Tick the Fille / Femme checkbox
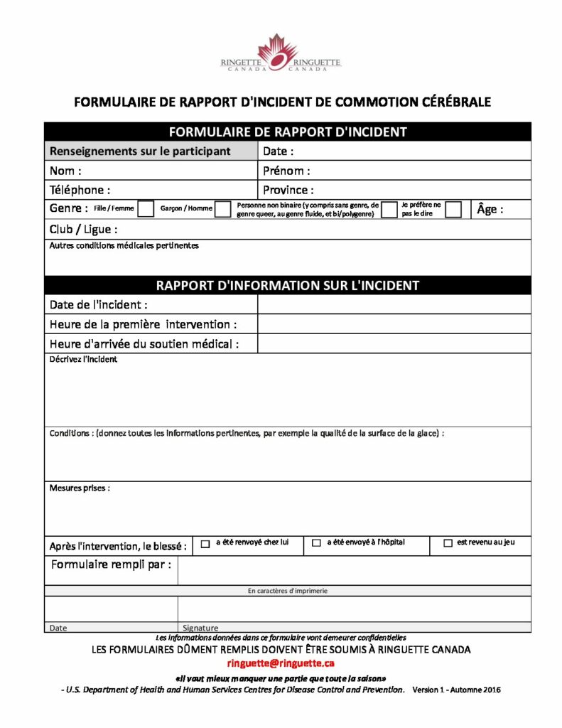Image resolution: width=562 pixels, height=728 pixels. tap(146, 208)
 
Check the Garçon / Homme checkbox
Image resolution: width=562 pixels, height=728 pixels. tap(223, 208)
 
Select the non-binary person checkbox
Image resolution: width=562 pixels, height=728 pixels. tap(389, 209)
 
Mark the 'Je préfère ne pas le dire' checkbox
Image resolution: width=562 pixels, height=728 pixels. tap(453, 209)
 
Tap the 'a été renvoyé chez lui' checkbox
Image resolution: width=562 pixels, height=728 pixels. tap(205, 544)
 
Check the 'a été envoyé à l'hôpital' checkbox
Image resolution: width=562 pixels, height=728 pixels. tap(317, 544)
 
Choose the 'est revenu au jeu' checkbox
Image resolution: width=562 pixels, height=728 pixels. tap(448, 544)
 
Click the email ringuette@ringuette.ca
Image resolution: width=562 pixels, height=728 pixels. tap(281, 663)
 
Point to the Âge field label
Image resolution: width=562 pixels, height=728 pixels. tap(490, 209)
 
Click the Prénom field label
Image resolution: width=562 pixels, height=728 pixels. tap(286, 171)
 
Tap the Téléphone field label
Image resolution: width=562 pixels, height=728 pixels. tap(80, 190)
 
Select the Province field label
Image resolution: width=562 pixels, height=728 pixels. tap(288, 190)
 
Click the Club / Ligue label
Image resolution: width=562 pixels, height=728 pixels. tap(83, 230)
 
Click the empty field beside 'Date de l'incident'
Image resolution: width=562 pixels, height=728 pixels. tap(394, 304)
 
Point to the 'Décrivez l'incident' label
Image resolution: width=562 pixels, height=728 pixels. tap(83, 360)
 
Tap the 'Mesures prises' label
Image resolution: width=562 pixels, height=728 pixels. tap(80, 488)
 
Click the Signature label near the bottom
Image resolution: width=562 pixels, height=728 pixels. tap(200, 628)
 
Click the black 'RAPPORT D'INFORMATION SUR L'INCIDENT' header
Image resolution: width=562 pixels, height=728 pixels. tap(287, 285)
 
